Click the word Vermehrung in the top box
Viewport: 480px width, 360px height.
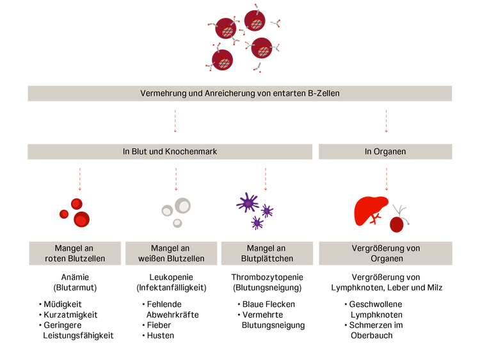click(161, 93)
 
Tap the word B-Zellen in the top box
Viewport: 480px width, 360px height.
click(324, 93)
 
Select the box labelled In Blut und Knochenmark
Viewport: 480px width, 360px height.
click(170, 152)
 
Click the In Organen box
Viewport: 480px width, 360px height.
click(386, 152)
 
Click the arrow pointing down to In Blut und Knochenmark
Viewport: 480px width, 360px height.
click(175, 120)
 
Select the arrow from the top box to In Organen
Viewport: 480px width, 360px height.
click(386, 120)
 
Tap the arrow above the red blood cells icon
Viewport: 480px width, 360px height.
click(79, 178)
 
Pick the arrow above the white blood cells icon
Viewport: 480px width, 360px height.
click(175, 178)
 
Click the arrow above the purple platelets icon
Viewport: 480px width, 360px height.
click(266, 178)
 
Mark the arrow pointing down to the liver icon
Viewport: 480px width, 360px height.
click(386, 178)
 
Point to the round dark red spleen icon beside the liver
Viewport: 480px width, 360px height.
click(398, 223)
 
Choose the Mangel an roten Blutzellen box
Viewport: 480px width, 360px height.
click(75, 253)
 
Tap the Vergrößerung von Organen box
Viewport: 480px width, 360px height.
click(386, 253)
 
